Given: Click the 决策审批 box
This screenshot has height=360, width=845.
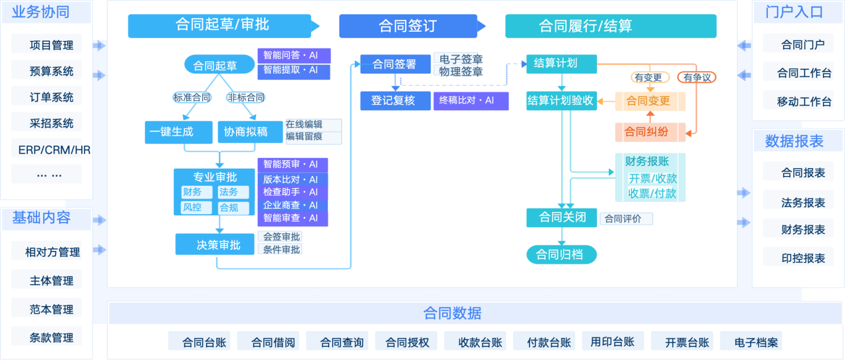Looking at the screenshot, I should point(215,245).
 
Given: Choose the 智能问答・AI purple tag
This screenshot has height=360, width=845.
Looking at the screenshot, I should point(293,56).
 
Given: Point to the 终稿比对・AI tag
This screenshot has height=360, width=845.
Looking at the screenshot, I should point(470,101).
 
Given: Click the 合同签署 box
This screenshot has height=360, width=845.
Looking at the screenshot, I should point(394,64).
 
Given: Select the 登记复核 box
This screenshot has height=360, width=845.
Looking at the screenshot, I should point(395,101).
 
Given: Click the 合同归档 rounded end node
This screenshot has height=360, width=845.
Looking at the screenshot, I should point(561,254).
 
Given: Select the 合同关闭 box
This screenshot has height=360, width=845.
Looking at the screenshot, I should point(561,217).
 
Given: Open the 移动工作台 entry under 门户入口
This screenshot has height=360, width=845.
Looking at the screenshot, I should point(804,102).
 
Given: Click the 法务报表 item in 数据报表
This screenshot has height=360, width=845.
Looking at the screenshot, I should point(803,202).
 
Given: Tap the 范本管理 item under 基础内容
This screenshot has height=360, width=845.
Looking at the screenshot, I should point(52,309).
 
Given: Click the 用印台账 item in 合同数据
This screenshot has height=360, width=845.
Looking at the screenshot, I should point(612,341).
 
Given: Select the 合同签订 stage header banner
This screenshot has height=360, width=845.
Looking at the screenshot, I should point(408,26).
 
